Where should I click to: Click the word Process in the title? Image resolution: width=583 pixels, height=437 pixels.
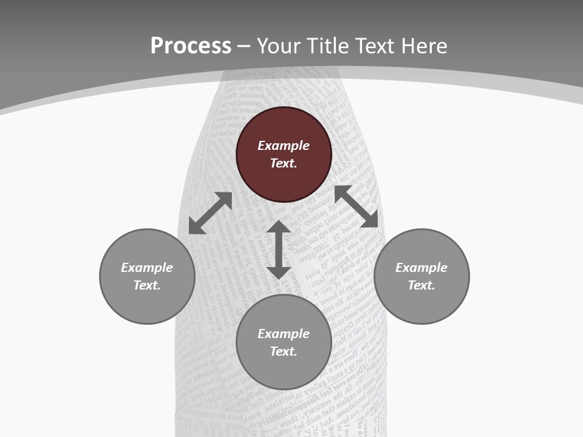[x=191, y=46]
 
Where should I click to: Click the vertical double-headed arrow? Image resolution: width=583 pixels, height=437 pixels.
[x=279, y=249]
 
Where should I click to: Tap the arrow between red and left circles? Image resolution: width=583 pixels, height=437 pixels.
[x=210, y=213]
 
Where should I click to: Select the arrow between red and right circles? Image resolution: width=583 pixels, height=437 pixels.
[x=356, y=206]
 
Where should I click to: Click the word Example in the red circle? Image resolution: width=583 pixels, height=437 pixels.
[x=284, y=146]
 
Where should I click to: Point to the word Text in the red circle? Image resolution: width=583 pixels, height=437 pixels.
[x=284, y=163]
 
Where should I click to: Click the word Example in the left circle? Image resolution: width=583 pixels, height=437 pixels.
[x=147, y=268]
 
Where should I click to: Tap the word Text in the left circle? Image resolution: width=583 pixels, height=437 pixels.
[x=147, y=285]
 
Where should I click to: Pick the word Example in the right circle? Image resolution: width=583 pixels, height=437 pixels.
[x=421, y=268]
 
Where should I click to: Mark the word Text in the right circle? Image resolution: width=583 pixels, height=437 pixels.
[x=421, y=285]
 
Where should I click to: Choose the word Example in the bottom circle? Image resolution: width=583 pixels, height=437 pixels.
[x=284, y=334]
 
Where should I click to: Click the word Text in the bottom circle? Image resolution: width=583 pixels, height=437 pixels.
[x=284, y=351]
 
